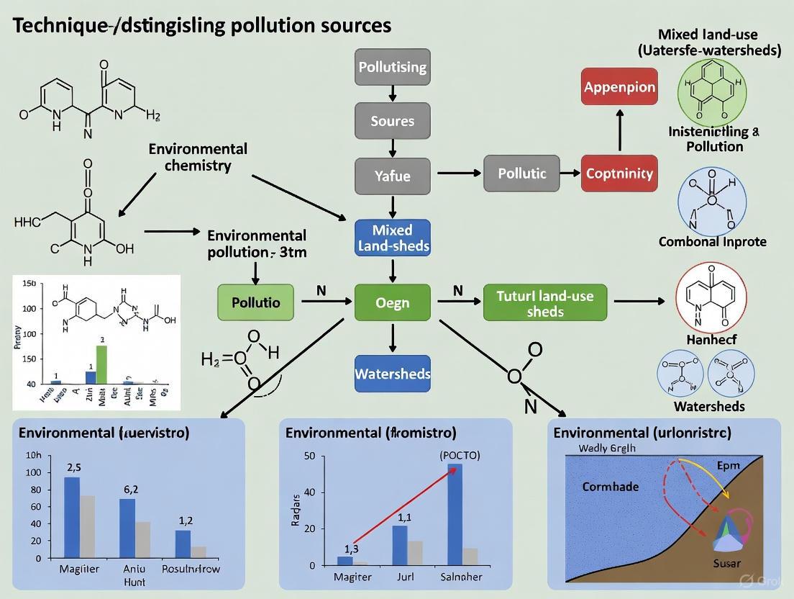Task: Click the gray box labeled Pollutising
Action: [392, 68]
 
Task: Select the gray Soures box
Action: [392, 121]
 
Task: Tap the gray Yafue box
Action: [392, 174]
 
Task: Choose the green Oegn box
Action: [392, 302]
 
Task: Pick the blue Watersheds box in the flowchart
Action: [392, 374]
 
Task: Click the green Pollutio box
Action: [256, 302]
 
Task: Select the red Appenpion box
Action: [619, 87]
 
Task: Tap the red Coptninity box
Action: [619, 174]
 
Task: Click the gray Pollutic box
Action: [522, 174]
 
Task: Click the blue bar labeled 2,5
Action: [72, 517]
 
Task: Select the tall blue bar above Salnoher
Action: [455, 514]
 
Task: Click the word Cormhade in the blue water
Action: [610, 487]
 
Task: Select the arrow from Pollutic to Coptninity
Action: [571, 174]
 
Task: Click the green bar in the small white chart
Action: [101, 364]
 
